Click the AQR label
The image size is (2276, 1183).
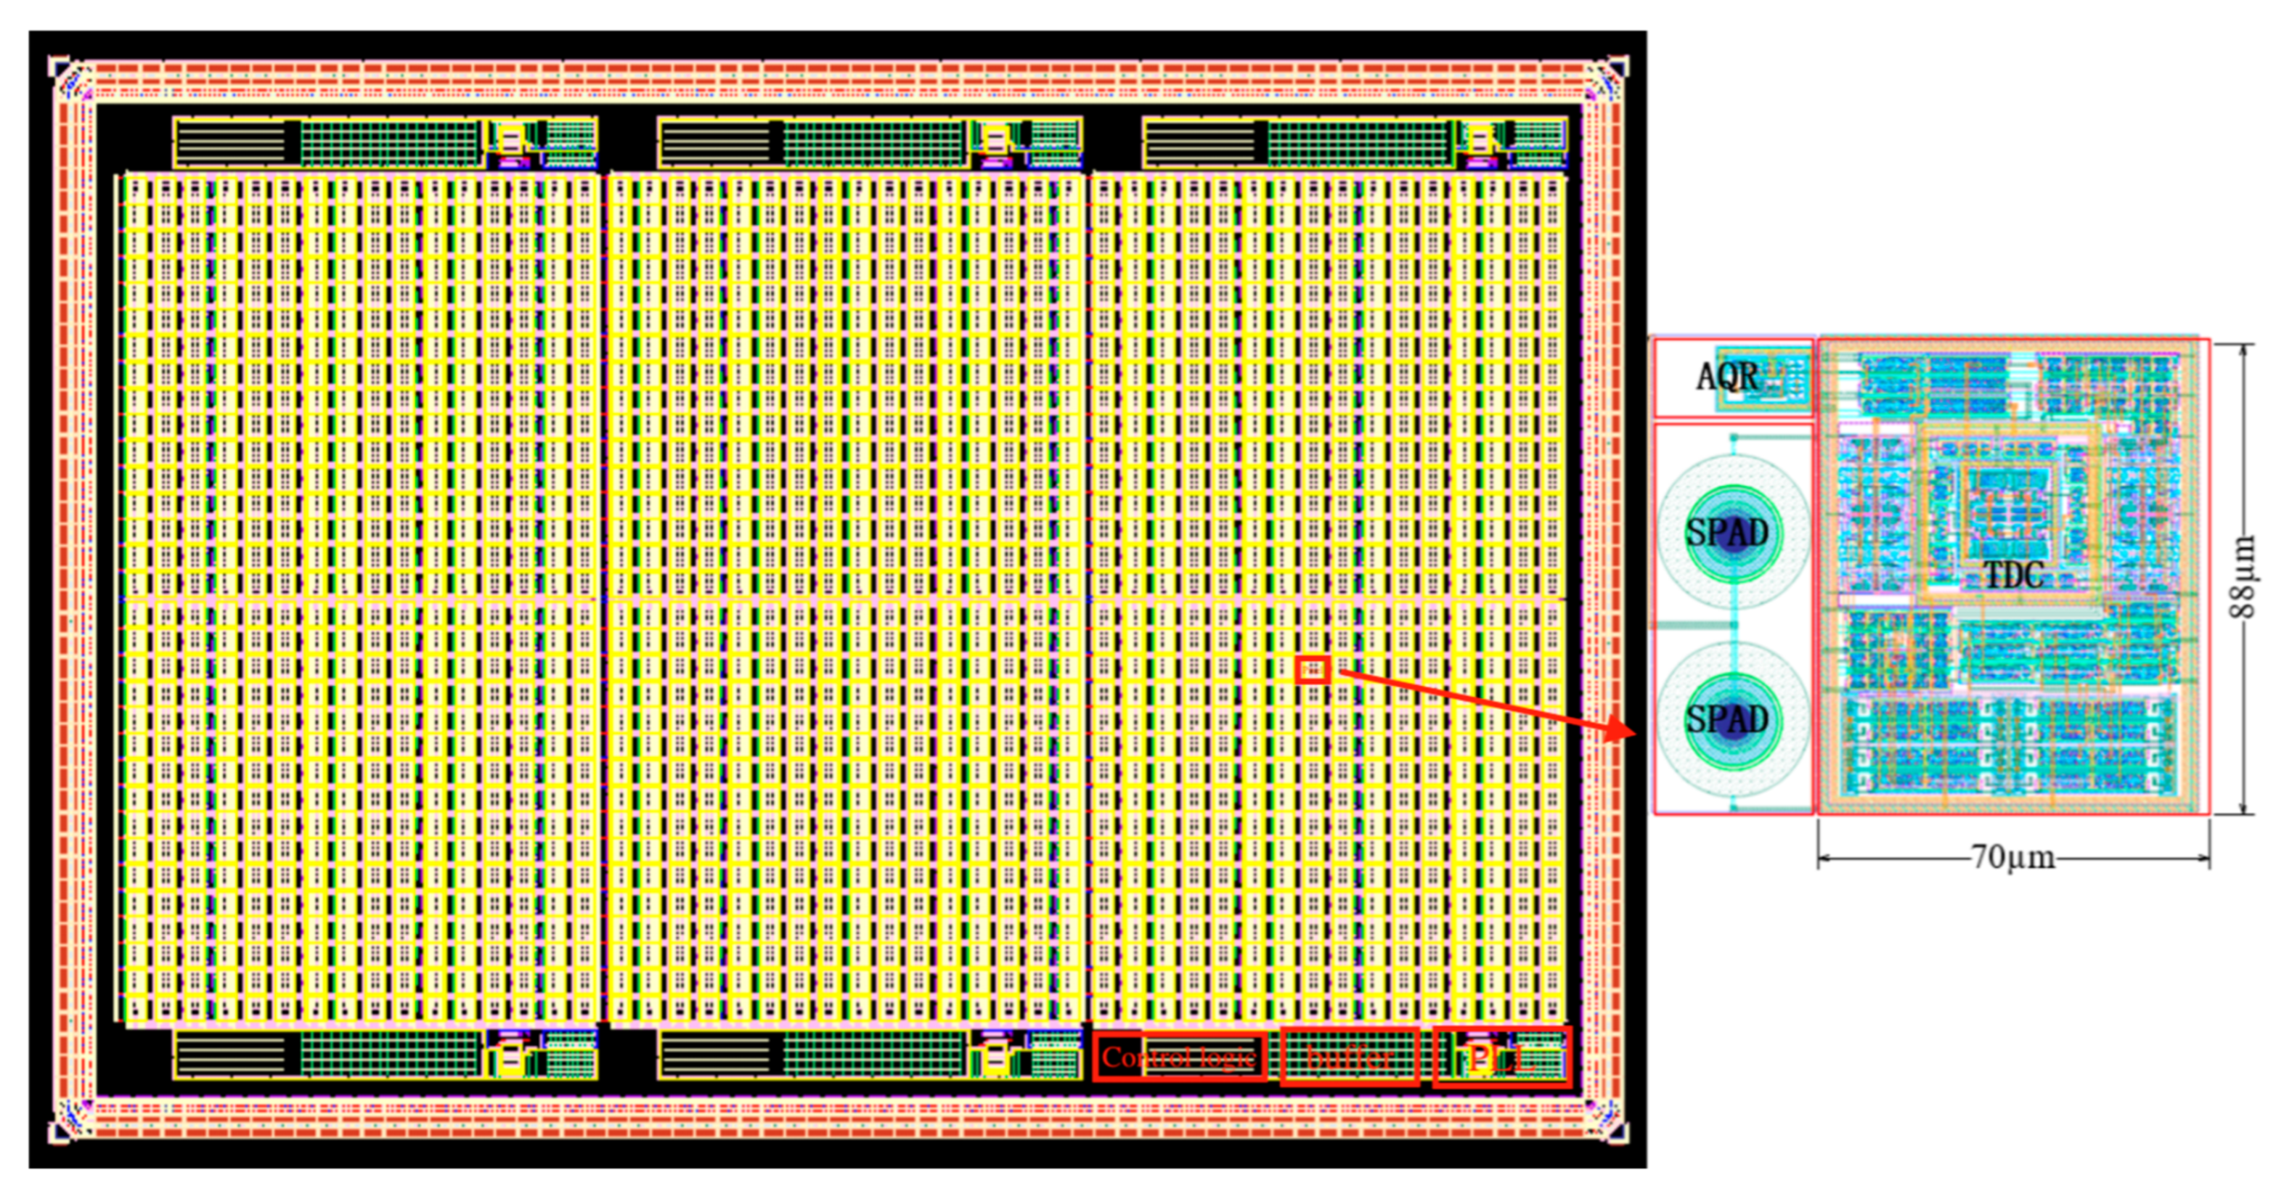click(x=1727, y=377)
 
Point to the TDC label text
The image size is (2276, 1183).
click(x=2014, y=575)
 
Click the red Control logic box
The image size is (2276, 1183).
click(x=1178, y=1057)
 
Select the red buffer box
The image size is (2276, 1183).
click(x=1349, y=1057)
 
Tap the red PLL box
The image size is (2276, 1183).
click(x=1502, y=1057)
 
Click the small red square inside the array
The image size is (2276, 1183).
click(x=1313, y=670)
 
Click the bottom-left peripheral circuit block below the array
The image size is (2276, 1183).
click(x=386, y=1055)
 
